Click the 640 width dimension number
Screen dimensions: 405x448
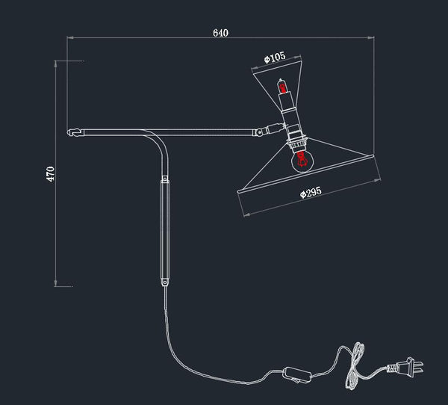coord(220,32)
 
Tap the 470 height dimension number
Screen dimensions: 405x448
coord(51,173)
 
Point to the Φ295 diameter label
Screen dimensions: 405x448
coord(310,193)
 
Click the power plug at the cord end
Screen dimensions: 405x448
coord(408,367)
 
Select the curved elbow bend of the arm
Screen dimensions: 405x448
coord(158,142)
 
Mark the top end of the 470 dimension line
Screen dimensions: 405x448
coord(57,61)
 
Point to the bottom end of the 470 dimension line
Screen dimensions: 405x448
coord(57,285)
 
